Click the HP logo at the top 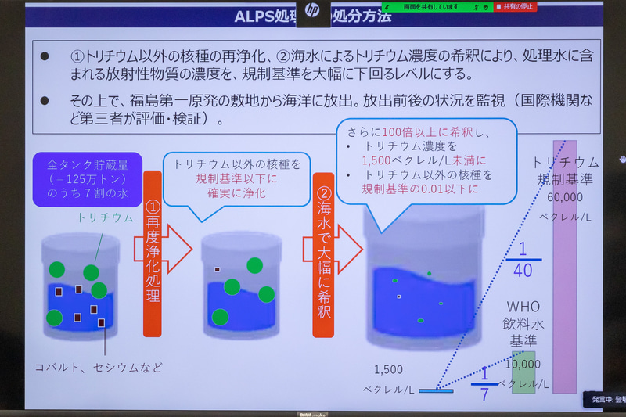click(x=313, y=12)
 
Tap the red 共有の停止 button click(x=515, y=7)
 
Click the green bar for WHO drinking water click(x=523, y=371)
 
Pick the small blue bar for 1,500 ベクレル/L click(x=436, y=389)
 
